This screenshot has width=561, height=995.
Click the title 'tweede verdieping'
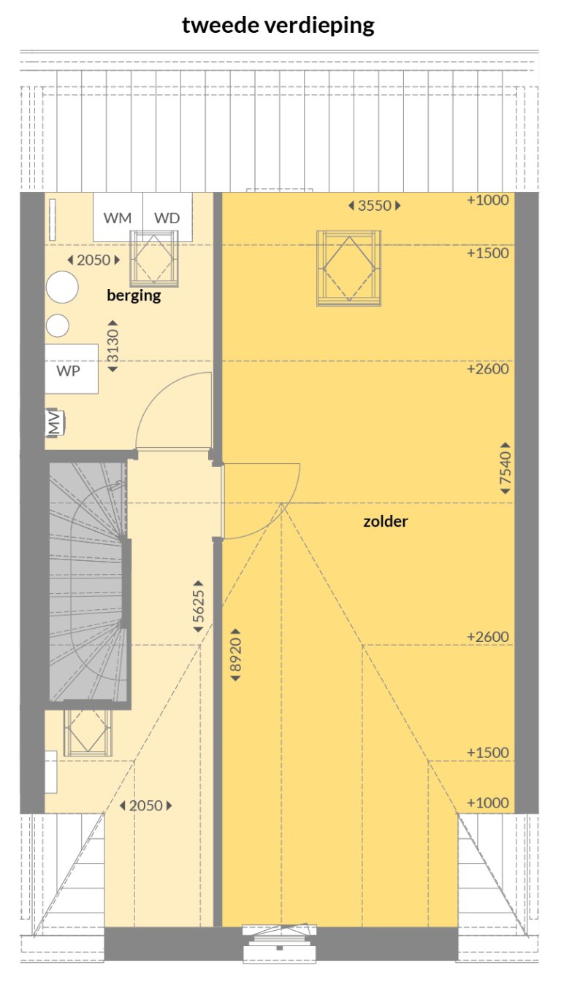tap(278, 26)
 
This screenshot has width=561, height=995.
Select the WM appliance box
tap(118, 217)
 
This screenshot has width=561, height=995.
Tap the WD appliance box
tap(167, 217)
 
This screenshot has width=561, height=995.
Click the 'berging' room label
tap(134, 295)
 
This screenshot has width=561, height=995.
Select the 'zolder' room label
tap(385, 522)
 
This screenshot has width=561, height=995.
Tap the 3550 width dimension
tap(374, 206)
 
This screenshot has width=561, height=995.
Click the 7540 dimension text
tap(505, 468)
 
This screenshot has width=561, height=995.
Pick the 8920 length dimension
tap(235, 654)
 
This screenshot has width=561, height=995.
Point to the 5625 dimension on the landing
tap(199, 606)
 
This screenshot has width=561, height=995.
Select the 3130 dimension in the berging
tap(112, 346)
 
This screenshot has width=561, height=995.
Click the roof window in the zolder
tap(348, 268)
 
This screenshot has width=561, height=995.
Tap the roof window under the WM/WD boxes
tap(153, 258)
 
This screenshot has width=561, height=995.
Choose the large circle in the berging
tap(62, 287)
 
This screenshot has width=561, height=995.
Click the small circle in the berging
tap(58, 325)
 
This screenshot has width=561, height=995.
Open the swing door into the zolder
tap(259, 501)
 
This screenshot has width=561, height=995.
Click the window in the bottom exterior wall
tap(280, 940)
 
